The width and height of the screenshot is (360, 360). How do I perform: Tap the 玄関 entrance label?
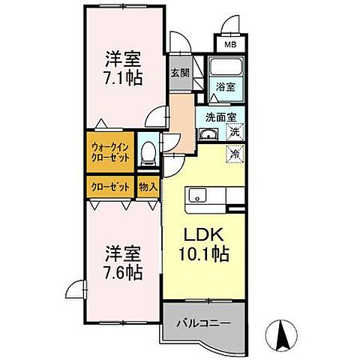(179, 73)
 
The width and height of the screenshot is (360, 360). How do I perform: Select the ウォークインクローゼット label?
(111, 153)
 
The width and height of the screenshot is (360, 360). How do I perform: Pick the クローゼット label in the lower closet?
(111, 187)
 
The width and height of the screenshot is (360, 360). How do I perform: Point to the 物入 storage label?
(148, 187)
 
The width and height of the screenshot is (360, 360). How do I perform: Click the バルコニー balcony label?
(203, 323)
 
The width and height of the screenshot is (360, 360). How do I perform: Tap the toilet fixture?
(148, 154)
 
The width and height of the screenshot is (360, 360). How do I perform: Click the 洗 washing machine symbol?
(235, 133)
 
